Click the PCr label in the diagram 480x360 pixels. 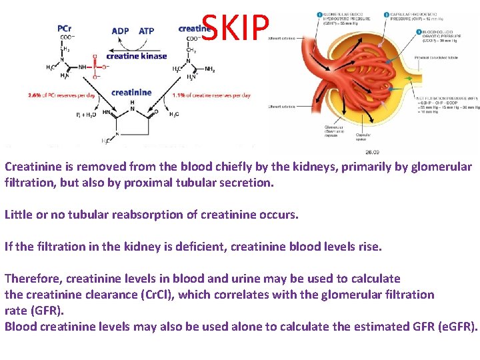(64, 29)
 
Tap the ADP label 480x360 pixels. (120, 31)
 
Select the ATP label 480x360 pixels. (146, 31)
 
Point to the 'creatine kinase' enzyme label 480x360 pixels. (137, 56)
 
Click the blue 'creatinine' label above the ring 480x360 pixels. (131, 92)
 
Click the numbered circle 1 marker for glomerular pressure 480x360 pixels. (320, 14)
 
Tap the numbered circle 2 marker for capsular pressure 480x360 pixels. (387, 14)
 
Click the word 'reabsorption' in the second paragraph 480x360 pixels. (139, 215)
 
